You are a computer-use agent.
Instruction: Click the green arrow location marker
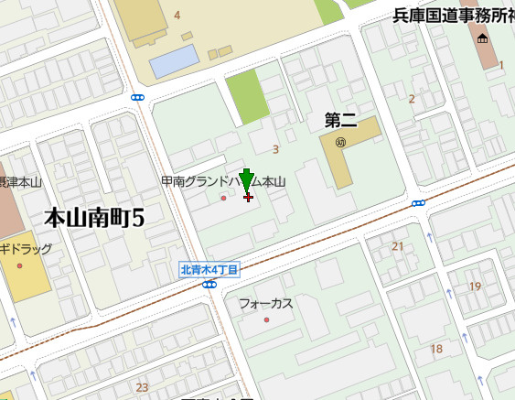point(246,180)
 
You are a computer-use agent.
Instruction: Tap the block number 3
point(275,149)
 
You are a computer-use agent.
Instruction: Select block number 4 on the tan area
point(177,15)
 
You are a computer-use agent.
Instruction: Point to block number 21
point(397,246)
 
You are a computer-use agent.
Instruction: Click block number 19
point(475,286)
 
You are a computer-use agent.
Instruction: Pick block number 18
point(436,349)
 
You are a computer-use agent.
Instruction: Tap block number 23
point(142,387)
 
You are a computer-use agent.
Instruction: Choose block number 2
point(412,99)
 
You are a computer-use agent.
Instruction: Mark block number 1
point(501,64)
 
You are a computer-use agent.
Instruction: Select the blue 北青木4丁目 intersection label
point(209,269)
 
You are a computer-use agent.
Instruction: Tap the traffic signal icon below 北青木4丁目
point(209,285)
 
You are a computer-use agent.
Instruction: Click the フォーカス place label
point(265,303)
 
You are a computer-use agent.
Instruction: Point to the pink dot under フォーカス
point(266,319)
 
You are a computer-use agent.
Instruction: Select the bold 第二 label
point(341,120)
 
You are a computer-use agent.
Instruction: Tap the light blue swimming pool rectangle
point(175,60)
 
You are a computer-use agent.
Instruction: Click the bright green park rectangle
point(247,96)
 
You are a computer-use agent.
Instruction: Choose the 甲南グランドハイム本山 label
point(223,182)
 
